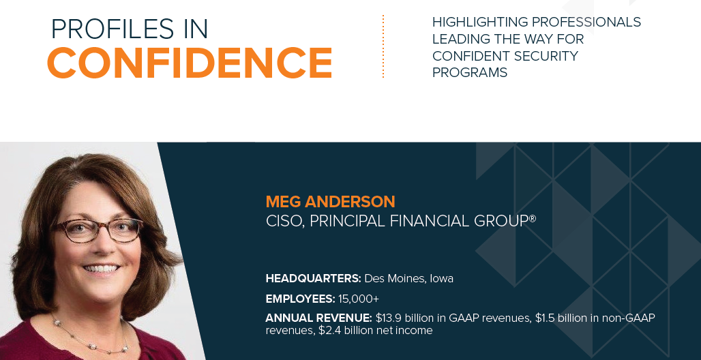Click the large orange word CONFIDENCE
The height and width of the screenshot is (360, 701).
pyautogui.click(x=190, y=63)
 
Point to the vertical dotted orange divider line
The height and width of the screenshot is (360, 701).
pyautogui.click(x=383, y=46)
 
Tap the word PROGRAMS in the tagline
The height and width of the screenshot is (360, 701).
pyautogui.click(x=470, y=73)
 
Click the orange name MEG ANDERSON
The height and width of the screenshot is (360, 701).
pyautogui.click(x=330, y=202)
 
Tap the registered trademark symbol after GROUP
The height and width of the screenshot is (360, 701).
pyautogui.click(x=533, y=218)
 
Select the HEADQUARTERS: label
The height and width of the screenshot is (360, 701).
pyautogui.click(x=313, y=278)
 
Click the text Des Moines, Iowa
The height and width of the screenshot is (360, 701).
pyautogui.click(x=408, y=278)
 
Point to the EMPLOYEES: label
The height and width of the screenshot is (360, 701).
pyautogui.click(x=300, y=299)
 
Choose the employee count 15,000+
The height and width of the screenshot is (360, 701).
pyautogui.click(x=359, y=299)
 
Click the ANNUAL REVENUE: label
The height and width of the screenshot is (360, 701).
pyautogui.click(x=318, y=318)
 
